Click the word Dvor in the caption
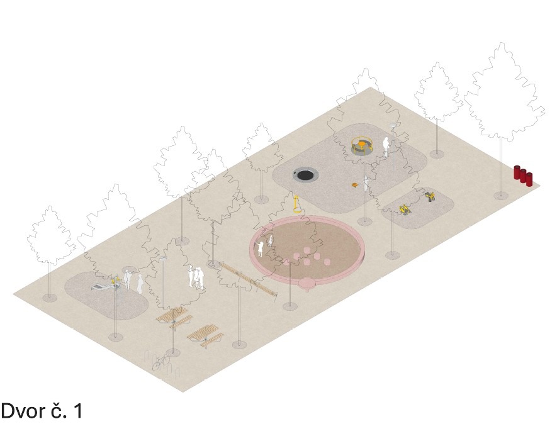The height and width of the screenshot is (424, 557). [x=24, y=411]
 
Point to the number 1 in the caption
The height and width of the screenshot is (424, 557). [x=78, y=411]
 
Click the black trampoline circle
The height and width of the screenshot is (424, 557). [x=305, y=175]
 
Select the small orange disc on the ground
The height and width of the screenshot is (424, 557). [x=355, y=184]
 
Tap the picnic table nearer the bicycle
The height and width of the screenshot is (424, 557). [x=205, y=336]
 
